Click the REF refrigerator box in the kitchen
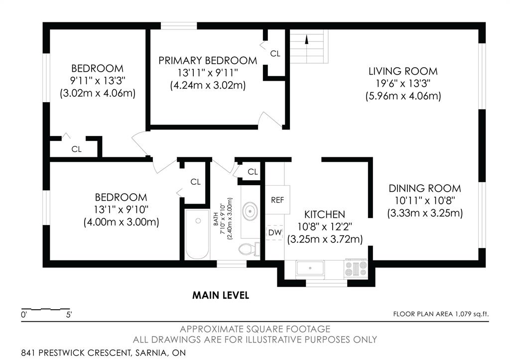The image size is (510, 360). coord(277,200)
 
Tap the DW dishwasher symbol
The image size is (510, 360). coord(274,233)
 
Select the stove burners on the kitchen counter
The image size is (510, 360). coord(356,268)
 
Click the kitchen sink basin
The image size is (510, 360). coord(310,268)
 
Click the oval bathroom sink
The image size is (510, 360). coord(250,211)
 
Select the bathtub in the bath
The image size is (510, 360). coord(197,234)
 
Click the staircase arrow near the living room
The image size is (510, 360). coord(306,39)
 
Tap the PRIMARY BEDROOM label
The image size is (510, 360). coord(208,60)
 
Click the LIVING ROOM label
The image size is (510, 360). coord(403,71)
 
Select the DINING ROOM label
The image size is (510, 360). coord(425,188)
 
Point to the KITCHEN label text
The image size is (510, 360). coord(324,214)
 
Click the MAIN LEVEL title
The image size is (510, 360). coord(221,295)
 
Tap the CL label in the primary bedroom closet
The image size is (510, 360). coord(275,54)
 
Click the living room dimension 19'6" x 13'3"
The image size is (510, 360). coord(403,84)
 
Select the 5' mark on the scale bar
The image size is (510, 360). coord(69,315)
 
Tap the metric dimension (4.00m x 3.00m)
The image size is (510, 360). coord(121,223)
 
